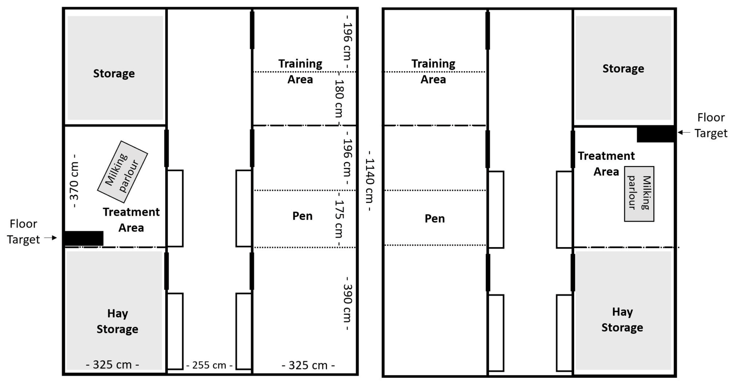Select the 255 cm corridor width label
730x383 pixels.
click(209, 365)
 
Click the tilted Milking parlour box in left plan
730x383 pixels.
click(122, 172)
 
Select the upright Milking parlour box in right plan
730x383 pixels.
click(639, 194)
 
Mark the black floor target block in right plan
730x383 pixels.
click(655, 134)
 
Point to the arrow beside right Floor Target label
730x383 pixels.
click(684, 132)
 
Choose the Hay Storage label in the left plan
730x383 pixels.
click(117, 321)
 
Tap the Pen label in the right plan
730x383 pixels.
click(435, 219)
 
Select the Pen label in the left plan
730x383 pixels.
click(302, 216)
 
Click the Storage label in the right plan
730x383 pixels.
click(623, 68)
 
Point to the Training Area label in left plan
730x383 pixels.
click(300, 71)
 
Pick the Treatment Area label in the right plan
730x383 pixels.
click(606, 164)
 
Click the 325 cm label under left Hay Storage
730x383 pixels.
click(113, 365)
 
